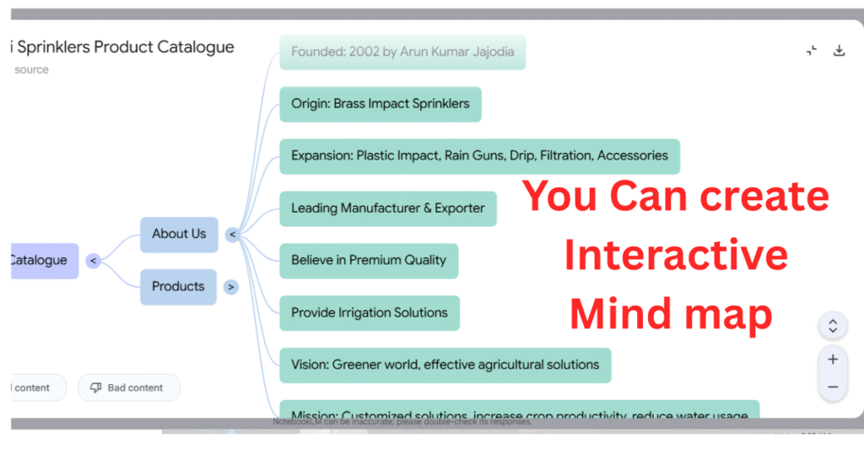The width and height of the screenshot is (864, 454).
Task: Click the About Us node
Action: tap(179, 234)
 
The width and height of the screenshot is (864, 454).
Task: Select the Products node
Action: tap(178, 287)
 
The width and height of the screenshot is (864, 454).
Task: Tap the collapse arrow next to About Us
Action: tap(232, 235)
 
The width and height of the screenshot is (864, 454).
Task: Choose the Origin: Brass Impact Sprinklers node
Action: tap(381, 105)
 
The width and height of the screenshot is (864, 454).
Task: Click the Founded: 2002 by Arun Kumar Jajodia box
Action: tap(402, 52)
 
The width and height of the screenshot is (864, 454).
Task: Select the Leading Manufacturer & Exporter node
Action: tap(388, 208)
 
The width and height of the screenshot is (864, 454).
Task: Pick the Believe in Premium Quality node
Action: tap(369, 261)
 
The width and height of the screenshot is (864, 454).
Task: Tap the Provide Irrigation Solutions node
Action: tap(370, 313)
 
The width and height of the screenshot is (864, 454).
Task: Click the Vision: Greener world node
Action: tap(445, 365)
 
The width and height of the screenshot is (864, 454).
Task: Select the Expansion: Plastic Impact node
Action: tap(479, 156)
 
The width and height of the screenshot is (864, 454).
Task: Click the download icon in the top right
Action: tap(839, 51)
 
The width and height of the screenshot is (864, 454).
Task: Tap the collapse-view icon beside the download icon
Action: tap(812, 51)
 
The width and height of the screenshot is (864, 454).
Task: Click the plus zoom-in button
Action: tap(833, 359)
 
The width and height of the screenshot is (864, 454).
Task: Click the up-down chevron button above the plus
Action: tap(833, 326)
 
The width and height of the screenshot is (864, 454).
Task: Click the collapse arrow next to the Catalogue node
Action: tap(94, 261)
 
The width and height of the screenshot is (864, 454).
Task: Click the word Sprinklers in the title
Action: tap(52, 47)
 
